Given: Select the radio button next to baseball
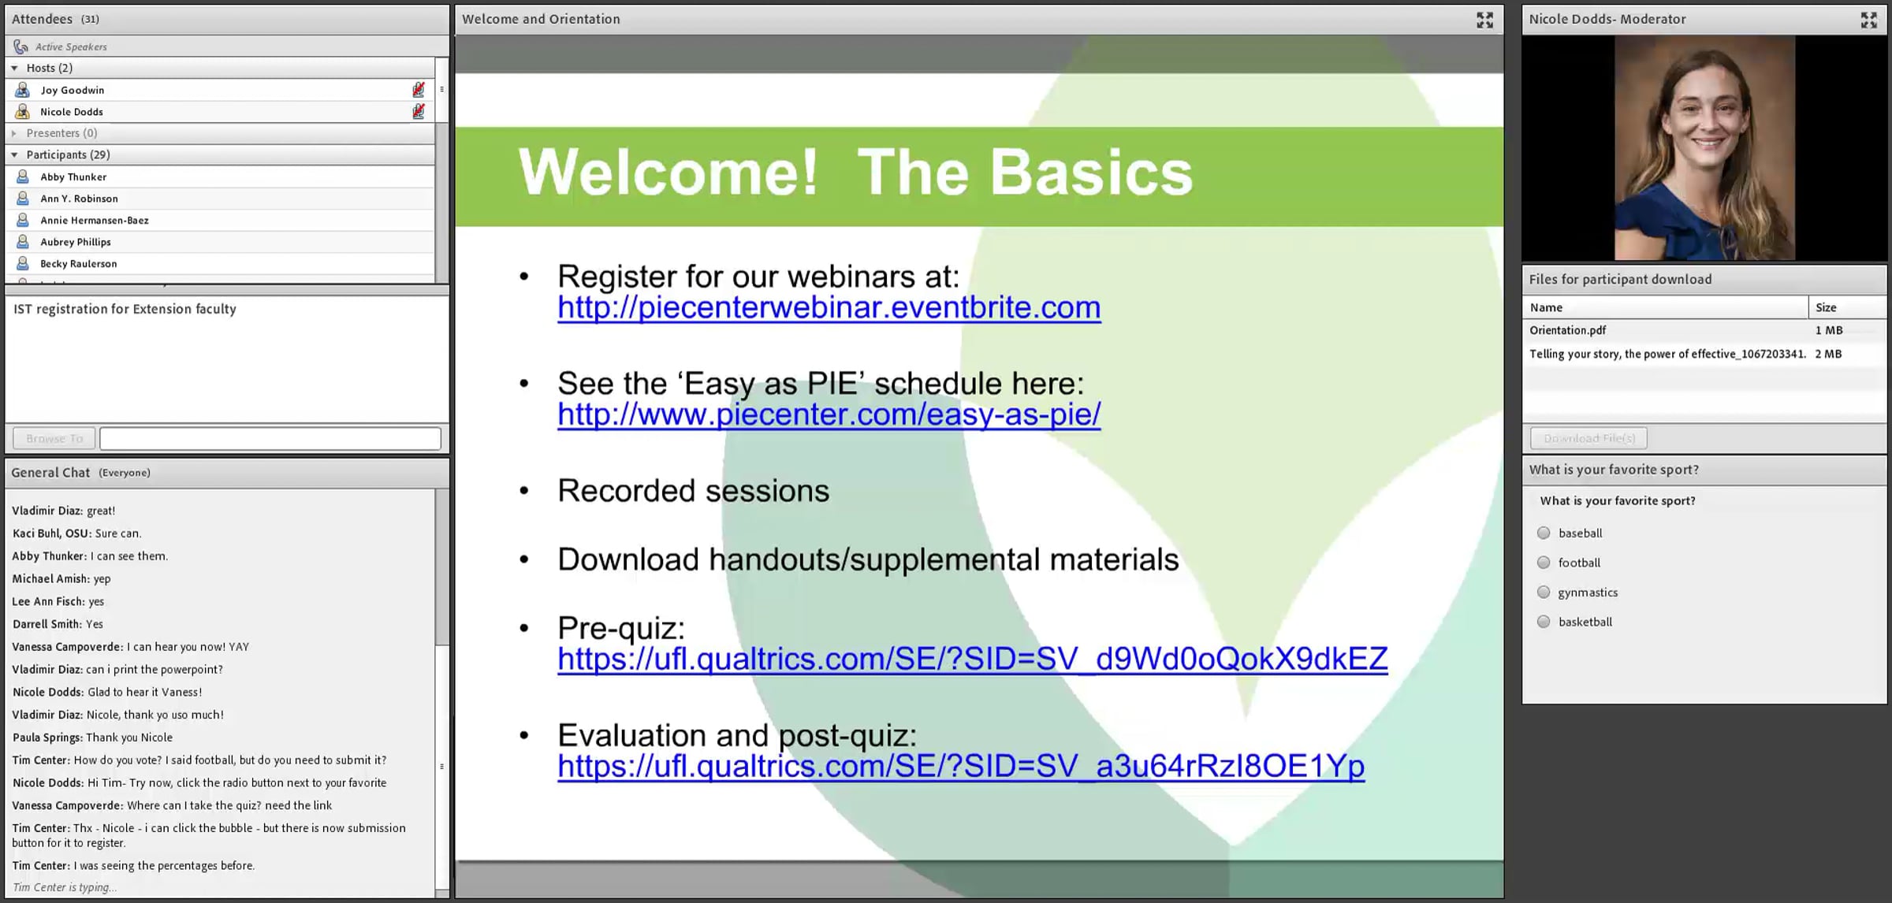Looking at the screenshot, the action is pos(1544,533).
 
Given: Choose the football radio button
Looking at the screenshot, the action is pos(1544,563).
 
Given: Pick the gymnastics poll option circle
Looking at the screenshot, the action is pos(1544,593).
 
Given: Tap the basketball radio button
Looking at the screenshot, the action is pos(1544,622).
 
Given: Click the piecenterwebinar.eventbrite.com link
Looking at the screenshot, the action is pos(829,308).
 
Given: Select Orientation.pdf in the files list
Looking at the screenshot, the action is pos(1567,331).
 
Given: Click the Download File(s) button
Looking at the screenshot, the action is pos(1588,438).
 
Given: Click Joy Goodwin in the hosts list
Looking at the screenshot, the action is pos(73,91).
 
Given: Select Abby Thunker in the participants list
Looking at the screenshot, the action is pos(73,177).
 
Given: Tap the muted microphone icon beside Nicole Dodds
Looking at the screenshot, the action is pos(419,112).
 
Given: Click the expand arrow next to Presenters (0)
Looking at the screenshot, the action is pos(14,133).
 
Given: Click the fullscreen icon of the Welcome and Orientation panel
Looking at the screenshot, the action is pos(1484,20).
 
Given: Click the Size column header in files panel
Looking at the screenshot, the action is pos(1826,308).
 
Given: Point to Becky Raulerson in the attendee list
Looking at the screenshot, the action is pos(79,264).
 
